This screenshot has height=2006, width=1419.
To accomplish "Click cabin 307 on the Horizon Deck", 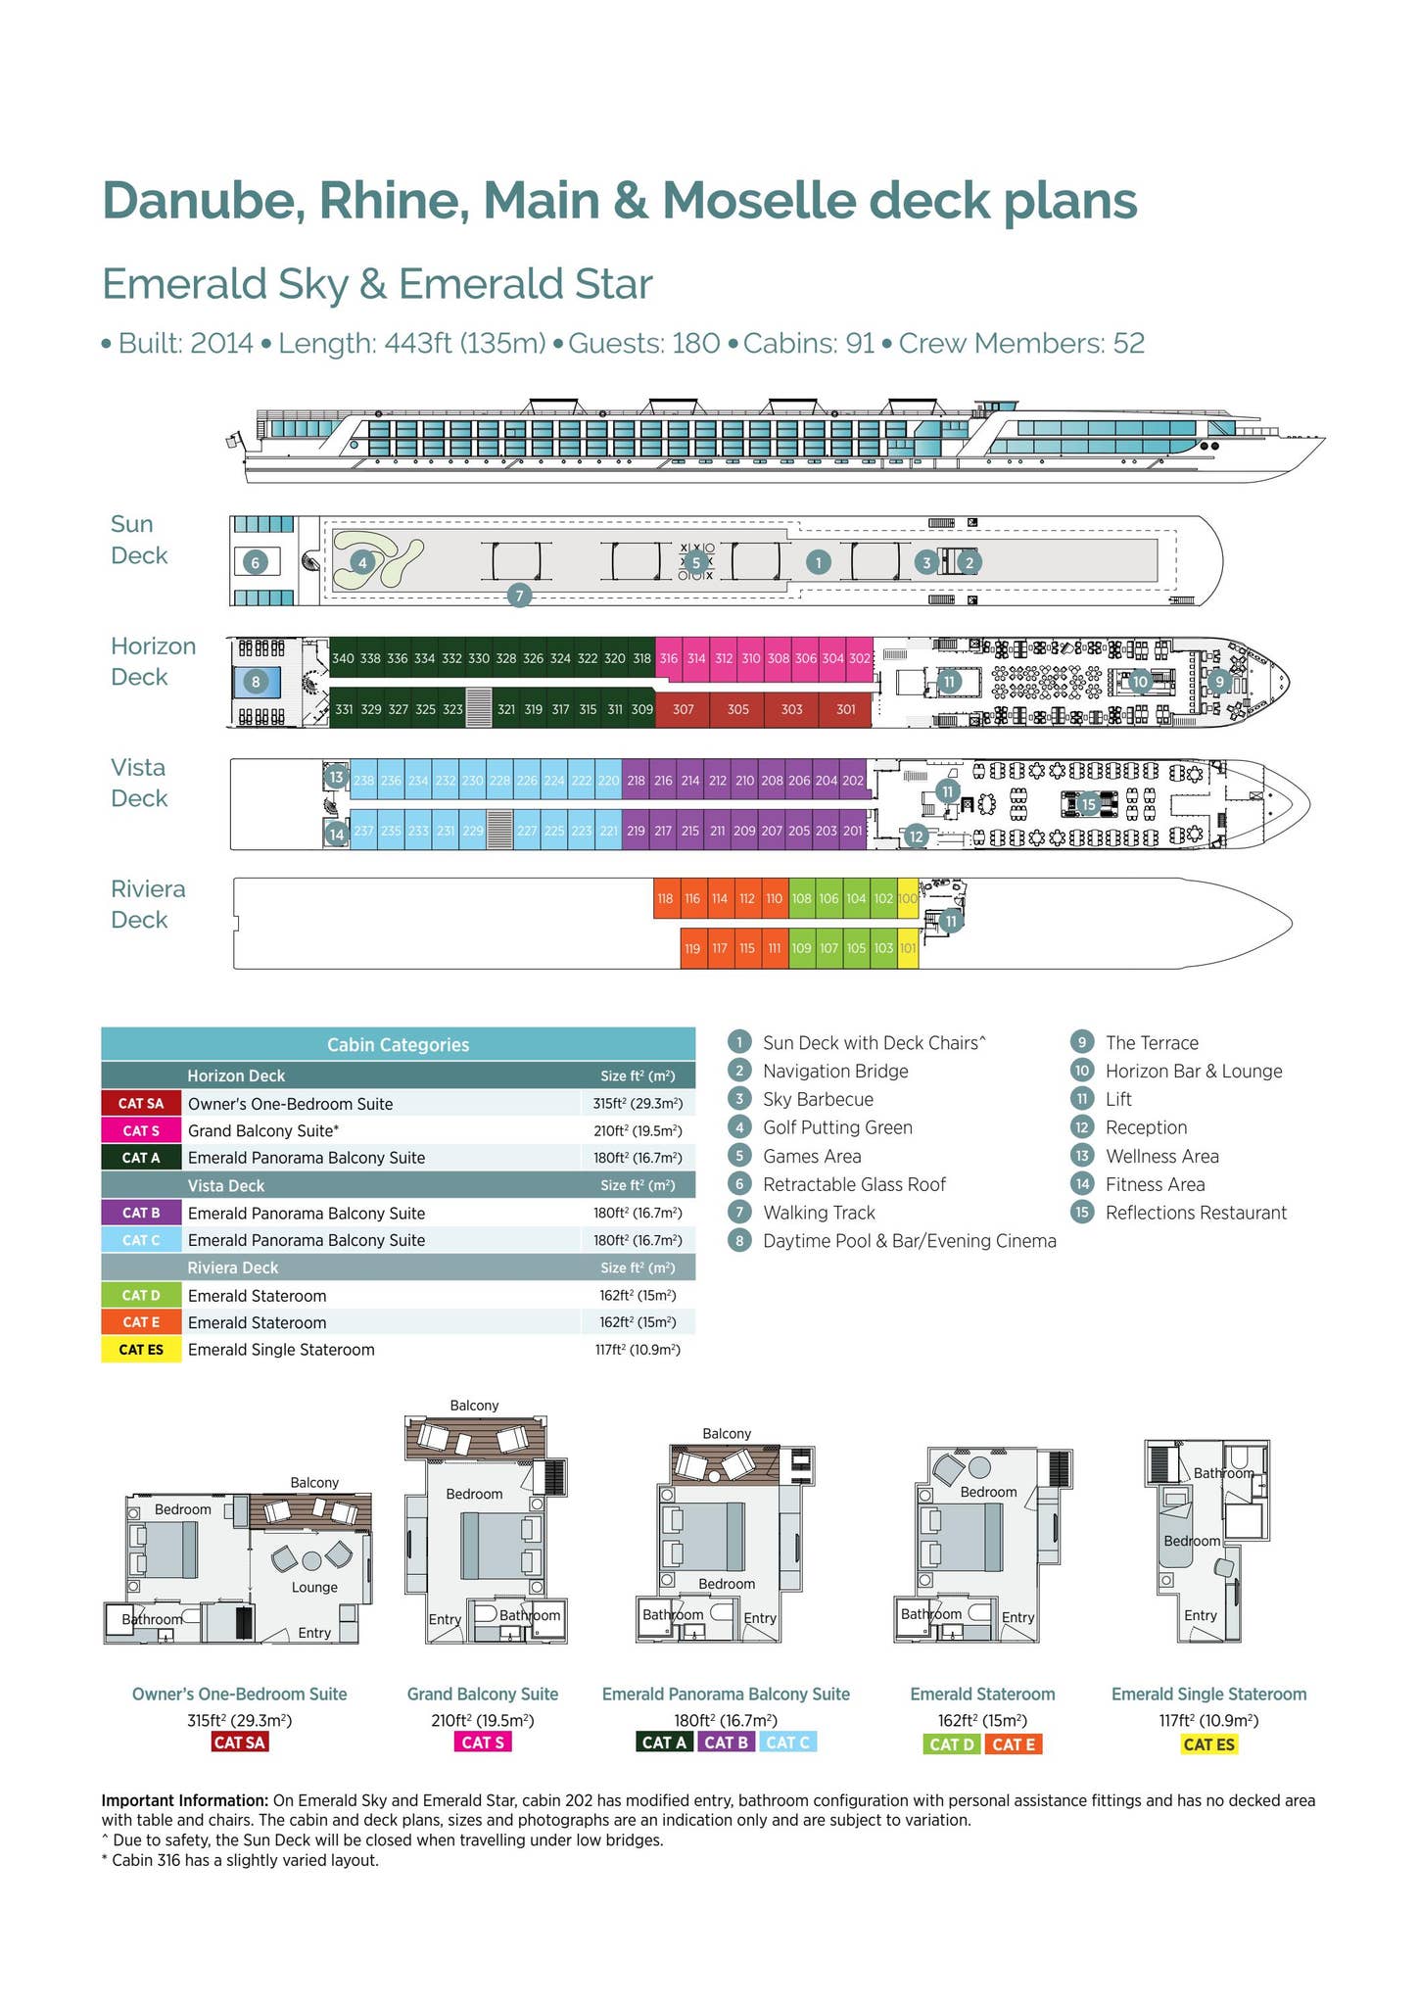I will pos(683,709).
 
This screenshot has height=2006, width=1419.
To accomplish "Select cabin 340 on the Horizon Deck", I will pos(343,658).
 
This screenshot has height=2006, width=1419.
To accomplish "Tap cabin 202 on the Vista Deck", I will pos(853,781).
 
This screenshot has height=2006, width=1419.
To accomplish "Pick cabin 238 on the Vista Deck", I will pos(364,781).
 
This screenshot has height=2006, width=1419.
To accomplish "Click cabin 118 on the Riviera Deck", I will pos(666,898).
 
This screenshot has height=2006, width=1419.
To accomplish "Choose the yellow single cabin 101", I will pos(908,948).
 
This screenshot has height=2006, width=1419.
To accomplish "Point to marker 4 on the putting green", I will pos(363,562).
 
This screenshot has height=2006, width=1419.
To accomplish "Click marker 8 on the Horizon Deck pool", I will pos(256,681).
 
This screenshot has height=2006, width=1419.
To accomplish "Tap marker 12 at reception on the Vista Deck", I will pos(916,836).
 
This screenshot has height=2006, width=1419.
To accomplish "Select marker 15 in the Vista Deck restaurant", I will pos(1088,804).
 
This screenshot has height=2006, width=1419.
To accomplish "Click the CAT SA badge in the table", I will pos(141,1103).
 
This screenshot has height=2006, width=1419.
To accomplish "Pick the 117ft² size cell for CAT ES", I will pos(638,1350).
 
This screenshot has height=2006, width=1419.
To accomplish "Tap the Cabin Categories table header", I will pos(398,1044).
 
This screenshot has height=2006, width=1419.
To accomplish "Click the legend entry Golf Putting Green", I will pos(837,1127).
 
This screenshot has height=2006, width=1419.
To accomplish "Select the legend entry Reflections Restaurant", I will pos(1196,1213).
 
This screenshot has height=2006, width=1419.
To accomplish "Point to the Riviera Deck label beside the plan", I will pos(148,904).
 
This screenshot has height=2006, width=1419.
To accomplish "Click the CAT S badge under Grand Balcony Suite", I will pos(482,1742).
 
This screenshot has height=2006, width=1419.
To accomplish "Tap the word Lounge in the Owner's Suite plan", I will pos(314,1587).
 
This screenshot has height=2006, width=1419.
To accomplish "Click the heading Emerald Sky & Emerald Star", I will pos(377,285).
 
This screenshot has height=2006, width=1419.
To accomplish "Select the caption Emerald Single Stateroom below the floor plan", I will pos(1208,1694).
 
